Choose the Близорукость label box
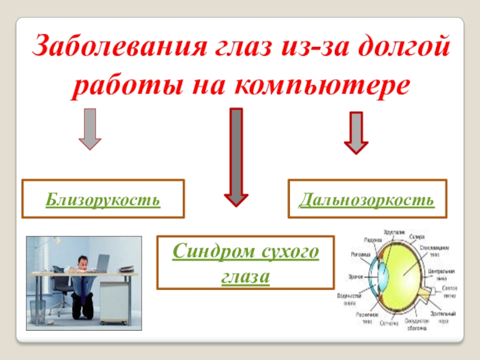[103, 199]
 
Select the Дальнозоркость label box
[367, 199]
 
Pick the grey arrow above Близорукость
[90, 128]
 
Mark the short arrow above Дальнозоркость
[356, 132]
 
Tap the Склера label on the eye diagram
[416, 236]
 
